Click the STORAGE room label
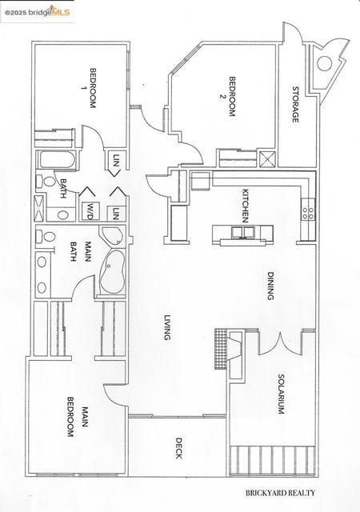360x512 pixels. [x=296, y=105]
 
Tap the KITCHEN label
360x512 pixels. [x=246, y=206]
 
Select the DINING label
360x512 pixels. [x=270, y=286]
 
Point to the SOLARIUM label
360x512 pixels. [x=282, y=394]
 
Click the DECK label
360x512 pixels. [x=178, y=448]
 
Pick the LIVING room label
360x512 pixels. [x=167, y=327]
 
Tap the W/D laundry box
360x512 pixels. [x=90, y=210]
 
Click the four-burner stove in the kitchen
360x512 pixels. [x=308, y=214]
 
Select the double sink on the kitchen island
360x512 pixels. [x=243, y=232]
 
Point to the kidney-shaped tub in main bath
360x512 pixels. [x=112, y=272]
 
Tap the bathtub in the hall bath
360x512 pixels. [x=58, y=160]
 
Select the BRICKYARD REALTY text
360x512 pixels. [x=280, y=493]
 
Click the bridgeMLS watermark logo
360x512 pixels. [x=38, y=13]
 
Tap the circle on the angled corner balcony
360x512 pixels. [x=325, y=64]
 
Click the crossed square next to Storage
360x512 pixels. [x=267, y=159]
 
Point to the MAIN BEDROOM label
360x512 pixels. [x=77, y=417]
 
